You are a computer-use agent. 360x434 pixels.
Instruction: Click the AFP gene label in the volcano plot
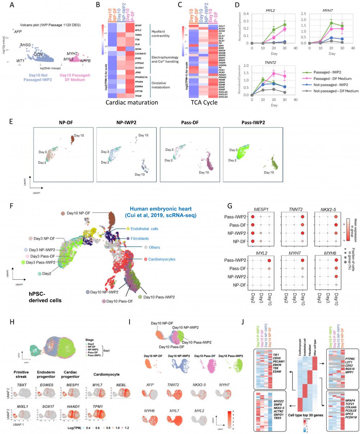(18, 32)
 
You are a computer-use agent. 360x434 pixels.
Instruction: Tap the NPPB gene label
(86, 61)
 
